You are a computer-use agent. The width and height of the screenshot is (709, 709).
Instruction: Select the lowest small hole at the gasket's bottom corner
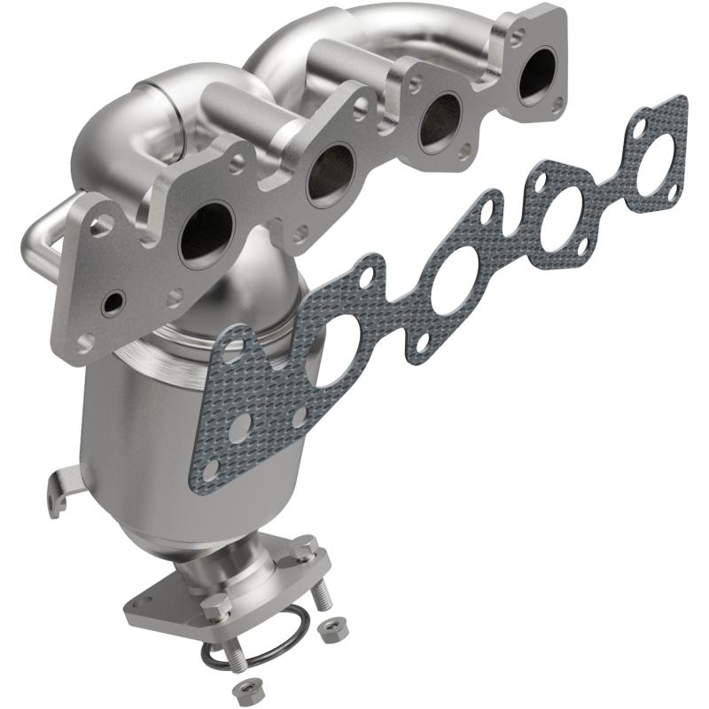[211, 467]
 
